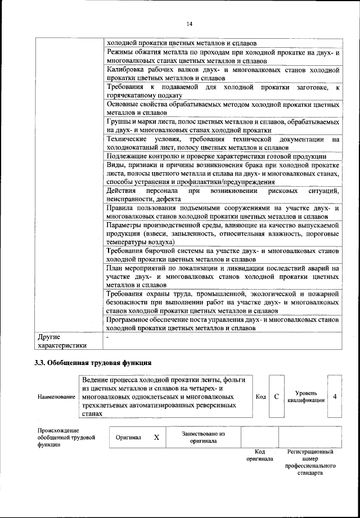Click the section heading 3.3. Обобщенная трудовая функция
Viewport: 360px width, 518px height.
click(x=93, y=362)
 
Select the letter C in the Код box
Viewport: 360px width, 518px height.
click(x=276, y=397)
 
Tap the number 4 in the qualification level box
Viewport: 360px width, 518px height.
click(x=335, y=397)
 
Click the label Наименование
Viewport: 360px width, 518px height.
click(x=56, y=397)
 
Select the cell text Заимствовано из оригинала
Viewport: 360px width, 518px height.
click(x=203, y=437)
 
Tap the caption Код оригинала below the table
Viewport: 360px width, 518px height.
click(x=259, y=454)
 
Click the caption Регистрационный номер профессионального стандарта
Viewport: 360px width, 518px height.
click(x=310, y=462)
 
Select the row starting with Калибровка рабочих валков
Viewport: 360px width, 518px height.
click(x=223, y=74)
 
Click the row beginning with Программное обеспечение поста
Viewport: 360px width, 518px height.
click(x=223, y=323)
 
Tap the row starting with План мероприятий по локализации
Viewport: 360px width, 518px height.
click(x=223, y=277)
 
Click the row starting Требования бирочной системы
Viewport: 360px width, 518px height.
click(x=223, y=255)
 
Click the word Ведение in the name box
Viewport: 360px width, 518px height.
click(x=97, y=380)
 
